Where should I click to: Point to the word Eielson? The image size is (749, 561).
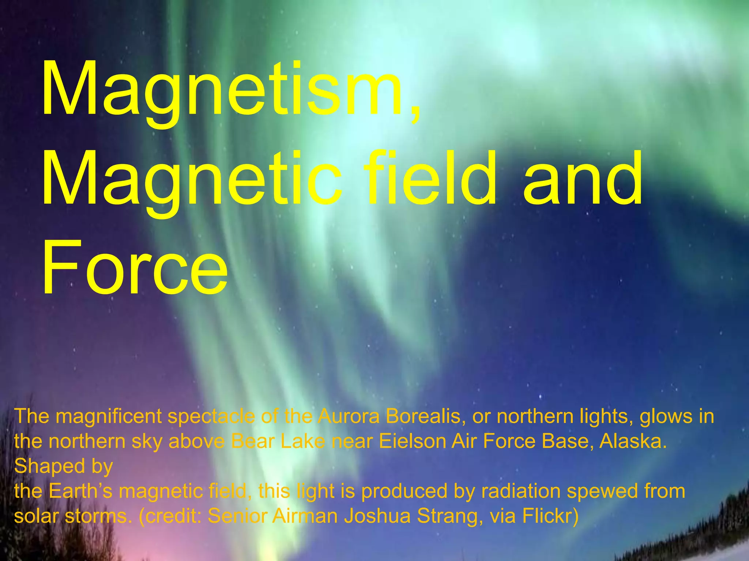pyautogui.click(x=412, y=441)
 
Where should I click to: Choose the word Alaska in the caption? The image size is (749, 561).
pyautogui.click(x=633, y=441)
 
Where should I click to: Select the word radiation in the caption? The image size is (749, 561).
pyautogui.click(x=521, y=491)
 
